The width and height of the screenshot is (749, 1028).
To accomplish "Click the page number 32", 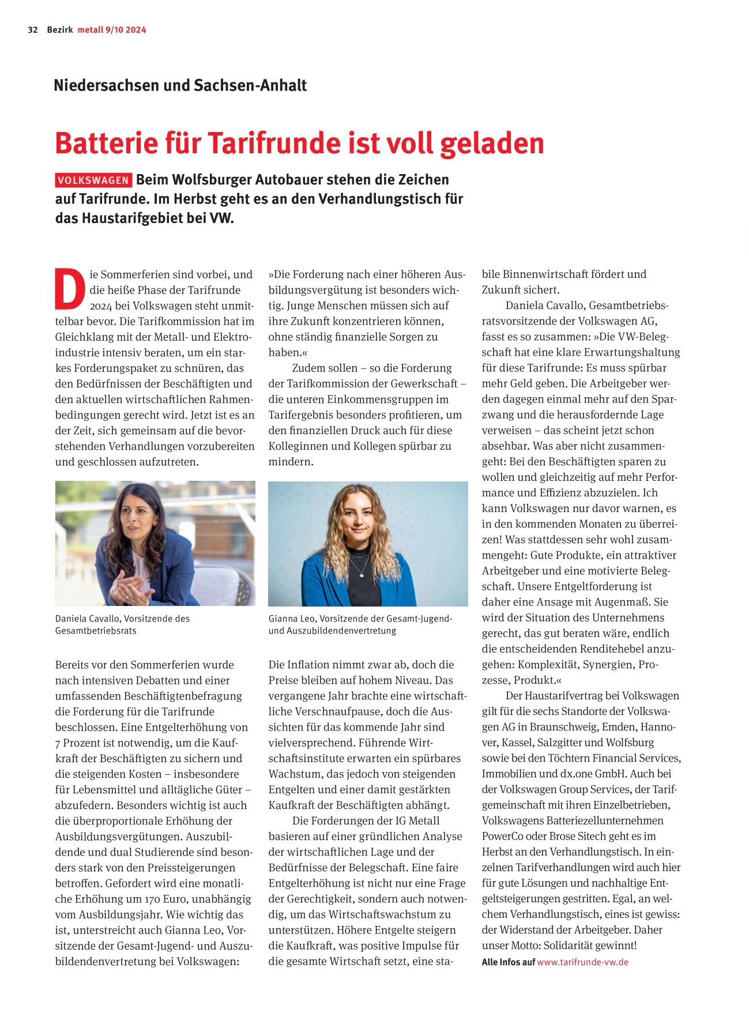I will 32,30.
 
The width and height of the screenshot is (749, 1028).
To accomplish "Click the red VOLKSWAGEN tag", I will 93,180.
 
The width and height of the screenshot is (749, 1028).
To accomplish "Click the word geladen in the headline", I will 492,143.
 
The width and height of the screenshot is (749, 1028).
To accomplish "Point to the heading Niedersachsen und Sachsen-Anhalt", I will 180,85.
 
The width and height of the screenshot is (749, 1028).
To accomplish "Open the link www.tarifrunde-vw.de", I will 582,962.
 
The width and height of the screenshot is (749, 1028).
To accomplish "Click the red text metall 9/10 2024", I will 112,30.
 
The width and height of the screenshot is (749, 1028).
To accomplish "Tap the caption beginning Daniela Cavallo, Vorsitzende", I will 122,624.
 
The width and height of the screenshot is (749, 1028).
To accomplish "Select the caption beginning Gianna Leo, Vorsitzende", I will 360,624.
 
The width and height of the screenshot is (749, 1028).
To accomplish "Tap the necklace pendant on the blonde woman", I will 360,574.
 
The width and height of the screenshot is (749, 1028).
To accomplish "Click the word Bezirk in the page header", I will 60,30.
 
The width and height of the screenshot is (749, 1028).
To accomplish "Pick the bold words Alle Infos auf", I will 508,962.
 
